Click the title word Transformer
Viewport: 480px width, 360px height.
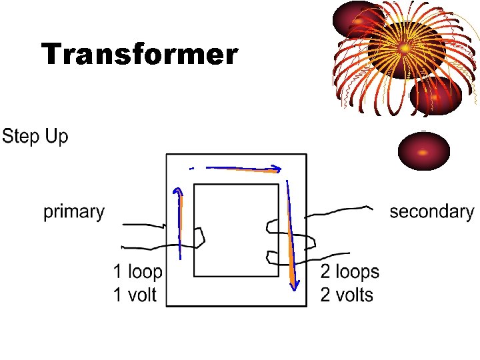(139, 55)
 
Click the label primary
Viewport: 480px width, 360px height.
(74, 212)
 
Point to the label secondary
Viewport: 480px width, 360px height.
(431, 212)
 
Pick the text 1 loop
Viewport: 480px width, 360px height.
(137, 272)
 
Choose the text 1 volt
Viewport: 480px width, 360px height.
(134, 295)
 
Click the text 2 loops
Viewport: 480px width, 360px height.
(349, 272)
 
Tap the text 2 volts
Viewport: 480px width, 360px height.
(347, 295)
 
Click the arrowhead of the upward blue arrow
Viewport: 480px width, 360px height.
(177, 193)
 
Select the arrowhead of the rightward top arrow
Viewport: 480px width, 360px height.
(276, 170)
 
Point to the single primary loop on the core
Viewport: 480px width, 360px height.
(199, 236)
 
